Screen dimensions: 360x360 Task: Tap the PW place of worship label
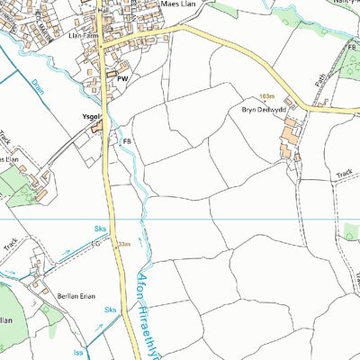tap(122, 78)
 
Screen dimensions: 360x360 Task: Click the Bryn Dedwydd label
tap(262, 109)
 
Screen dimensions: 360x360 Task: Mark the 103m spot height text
tap(265, 95)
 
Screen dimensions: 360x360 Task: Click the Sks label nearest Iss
tap(111, 310)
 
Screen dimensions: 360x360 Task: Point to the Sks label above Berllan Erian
tap(100, 231)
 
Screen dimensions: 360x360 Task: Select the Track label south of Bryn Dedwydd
tap(344, 174)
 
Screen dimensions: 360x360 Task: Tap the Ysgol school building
tap(97, 130)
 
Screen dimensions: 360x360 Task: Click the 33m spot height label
tap(123, 244)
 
